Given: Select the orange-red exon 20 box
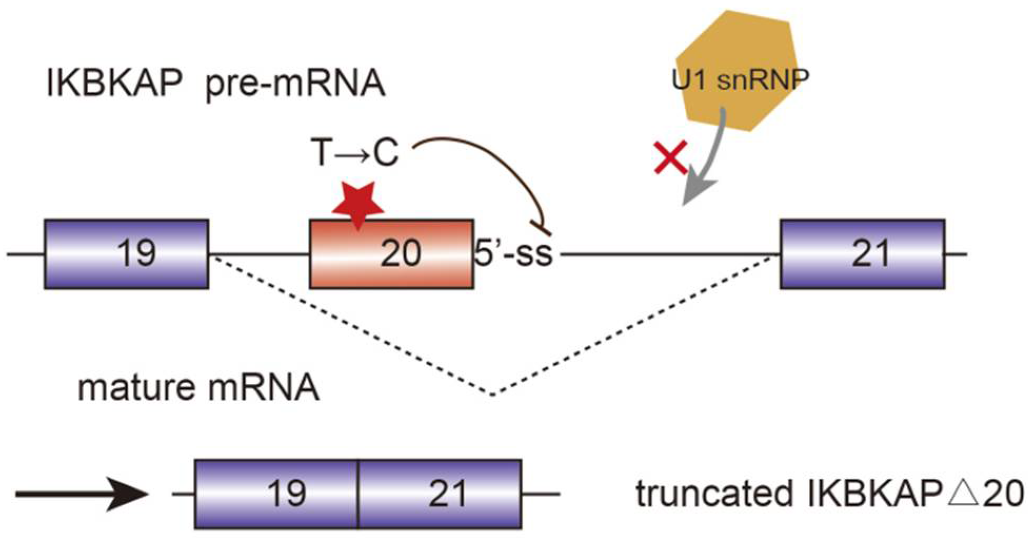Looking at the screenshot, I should pos(392,254).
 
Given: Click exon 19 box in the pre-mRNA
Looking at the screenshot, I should pos(126,254).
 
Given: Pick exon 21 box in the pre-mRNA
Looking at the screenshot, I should pos(862,254).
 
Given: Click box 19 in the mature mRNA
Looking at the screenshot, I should pos(277,494).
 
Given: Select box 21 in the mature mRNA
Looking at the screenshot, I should pos(441,494).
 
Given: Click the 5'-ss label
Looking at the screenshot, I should pos(514,253).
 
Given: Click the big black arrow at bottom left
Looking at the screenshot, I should pos(82,494).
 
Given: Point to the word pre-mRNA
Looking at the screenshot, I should pos(295,84).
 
